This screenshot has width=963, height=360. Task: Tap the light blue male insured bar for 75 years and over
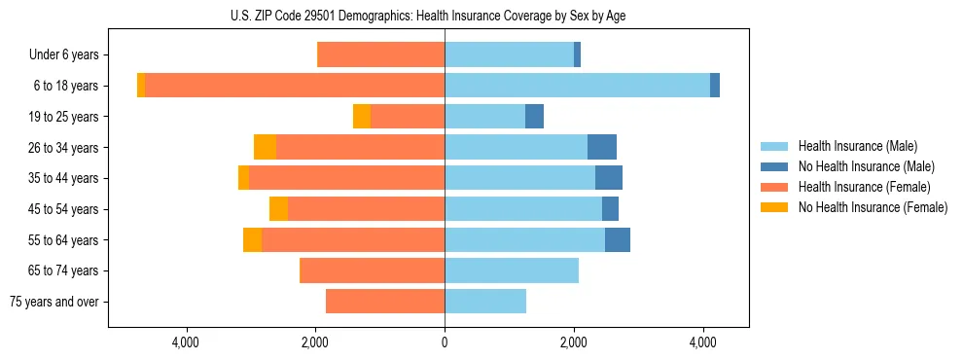485,302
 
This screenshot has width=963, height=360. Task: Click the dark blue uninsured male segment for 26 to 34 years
602,147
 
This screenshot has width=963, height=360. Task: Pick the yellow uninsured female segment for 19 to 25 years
362,117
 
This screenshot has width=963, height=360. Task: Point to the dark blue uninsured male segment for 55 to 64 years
618,239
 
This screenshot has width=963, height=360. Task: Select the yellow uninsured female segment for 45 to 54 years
278,209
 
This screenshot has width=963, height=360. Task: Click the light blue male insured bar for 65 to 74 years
512,270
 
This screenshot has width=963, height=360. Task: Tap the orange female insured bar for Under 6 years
381,55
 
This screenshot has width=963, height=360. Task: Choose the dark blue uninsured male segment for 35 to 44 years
609,178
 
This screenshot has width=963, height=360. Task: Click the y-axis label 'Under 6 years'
63,55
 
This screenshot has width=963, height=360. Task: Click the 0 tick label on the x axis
445,342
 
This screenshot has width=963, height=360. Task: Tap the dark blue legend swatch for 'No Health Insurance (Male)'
774,166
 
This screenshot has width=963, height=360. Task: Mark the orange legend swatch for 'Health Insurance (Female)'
774,187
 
